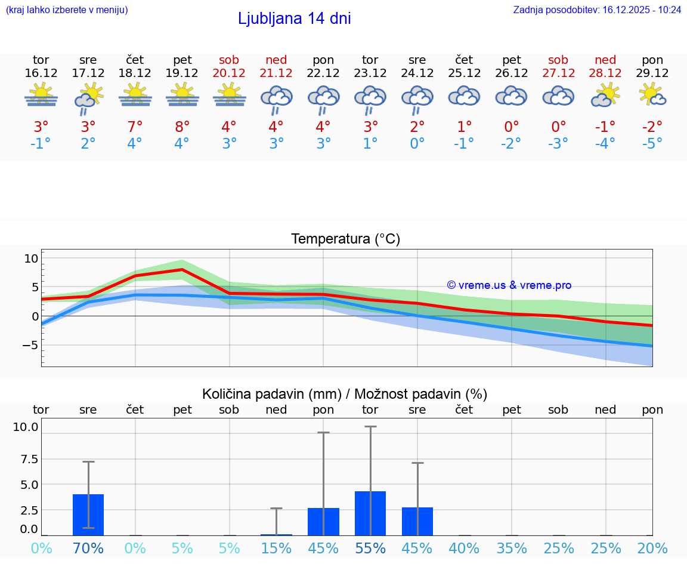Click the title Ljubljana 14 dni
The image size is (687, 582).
(x=294, y=19)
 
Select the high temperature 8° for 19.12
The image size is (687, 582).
(x=182, y=127)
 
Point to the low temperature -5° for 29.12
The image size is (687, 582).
(x=652, y=144)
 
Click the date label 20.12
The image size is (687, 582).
(x=229, y=73)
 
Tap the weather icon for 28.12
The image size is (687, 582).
(x=605, y=96)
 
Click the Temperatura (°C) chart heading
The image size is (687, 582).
(x=345, y=239)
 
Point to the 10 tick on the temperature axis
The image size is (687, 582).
(x=31, y=258)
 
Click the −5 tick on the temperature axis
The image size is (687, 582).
(x=30, y=345)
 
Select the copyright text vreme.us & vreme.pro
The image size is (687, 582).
(x=509, y=285)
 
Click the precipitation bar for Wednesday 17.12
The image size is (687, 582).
(x=88, y=515)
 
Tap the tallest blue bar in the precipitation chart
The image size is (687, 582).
(x=370, y=513)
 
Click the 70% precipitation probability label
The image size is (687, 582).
(x=88, y=548)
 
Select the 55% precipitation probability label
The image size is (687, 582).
(x=370, y=548)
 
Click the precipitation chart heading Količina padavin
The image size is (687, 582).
(x=345, y=394)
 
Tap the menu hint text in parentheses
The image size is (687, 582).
(x=67, y=10)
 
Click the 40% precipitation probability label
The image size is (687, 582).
(x=464, y=548)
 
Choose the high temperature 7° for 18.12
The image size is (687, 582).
(x=135, y=127)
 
